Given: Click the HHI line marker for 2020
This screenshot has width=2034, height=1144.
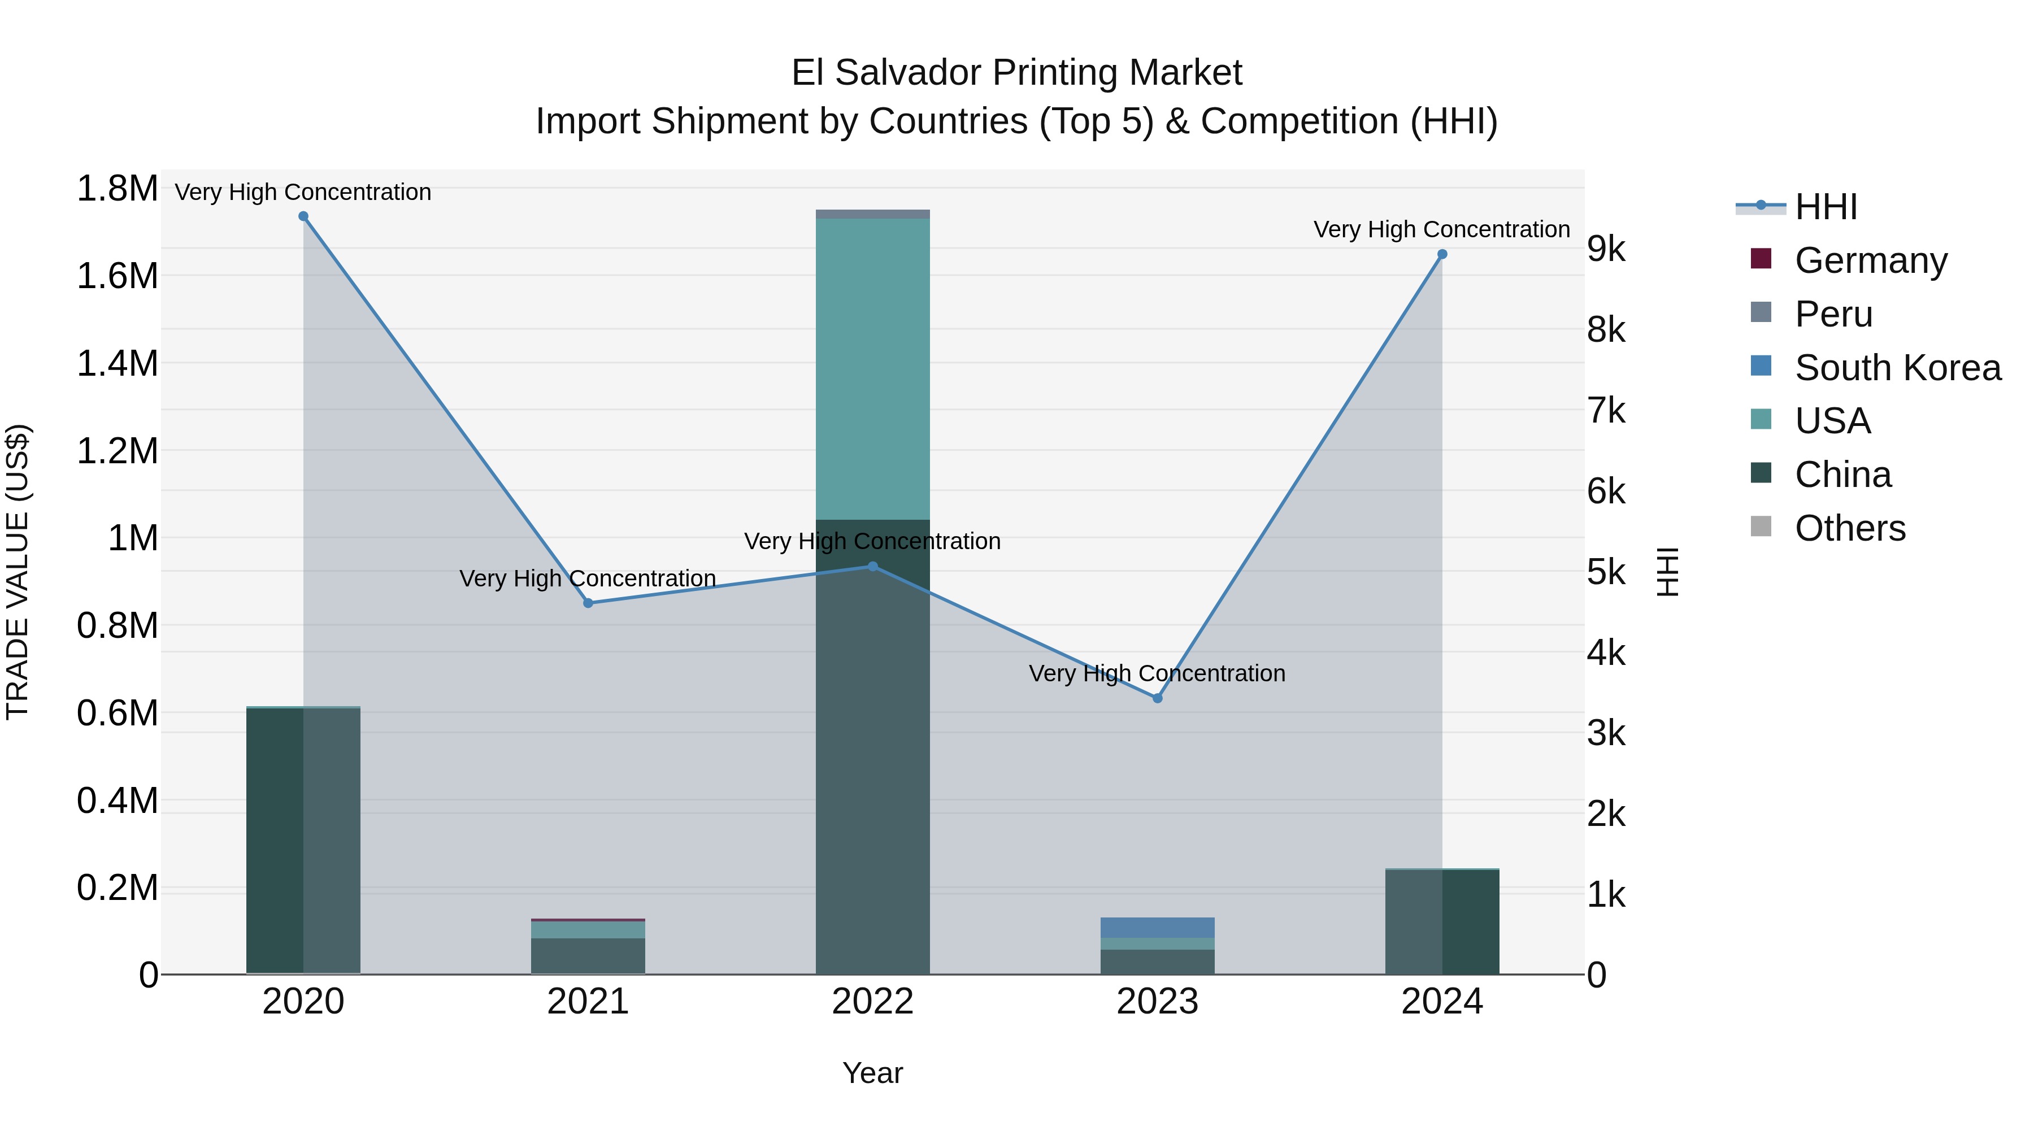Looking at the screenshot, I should [303, 216].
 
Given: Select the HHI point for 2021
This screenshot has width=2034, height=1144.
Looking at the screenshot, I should [588, 603].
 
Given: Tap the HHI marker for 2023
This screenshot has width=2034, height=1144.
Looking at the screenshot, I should [1158, 698].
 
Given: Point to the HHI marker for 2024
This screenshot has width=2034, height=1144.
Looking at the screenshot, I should [1442, 254].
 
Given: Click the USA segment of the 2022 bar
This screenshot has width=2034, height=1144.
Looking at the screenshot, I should [872, 369].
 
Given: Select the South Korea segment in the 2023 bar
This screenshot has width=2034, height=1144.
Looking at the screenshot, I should [1158, 928].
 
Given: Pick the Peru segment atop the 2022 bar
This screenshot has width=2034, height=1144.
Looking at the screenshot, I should [872, 214].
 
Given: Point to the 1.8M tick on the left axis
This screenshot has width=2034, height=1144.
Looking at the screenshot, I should [117, 189].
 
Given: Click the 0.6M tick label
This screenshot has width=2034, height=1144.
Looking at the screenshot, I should [117, 713].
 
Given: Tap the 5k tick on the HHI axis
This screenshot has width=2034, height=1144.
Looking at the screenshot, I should [1607, 572].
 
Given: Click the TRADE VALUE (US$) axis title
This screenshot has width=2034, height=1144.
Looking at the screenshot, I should [18, 572].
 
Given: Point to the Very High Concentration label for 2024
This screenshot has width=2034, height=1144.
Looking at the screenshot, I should [1442, 230].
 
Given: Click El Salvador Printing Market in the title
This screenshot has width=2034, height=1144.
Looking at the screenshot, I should [1016, 73].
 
